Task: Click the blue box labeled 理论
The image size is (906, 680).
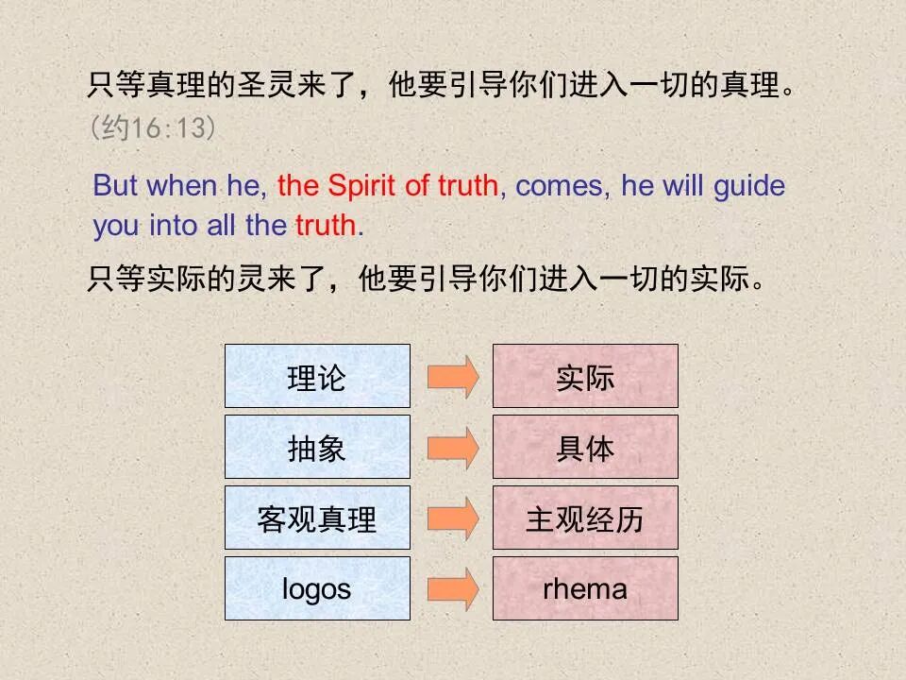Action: (x=317, y=376)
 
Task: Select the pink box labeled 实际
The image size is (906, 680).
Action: (x=585, y=376)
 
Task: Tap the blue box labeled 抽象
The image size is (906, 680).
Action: (x=317, y=447)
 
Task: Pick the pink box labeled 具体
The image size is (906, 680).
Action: (x=585, y=447)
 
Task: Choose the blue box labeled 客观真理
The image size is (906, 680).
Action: (x=317, y=518)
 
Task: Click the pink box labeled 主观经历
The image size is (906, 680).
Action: (x=585, y=518)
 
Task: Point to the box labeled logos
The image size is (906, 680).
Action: (x=317, y=588)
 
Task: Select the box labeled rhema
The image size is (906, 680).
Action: (x=585, y=588)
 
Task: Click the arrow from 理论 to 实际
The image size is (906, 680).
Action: (x=452, y=376)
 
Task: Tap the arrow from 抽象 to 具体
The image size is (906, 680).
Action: (x=452, y=447)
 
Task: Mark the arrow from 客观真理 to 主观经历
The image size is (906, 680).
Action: (x=452, y=518)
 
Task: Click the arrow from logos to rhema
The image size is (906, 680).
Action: (x=452, y=588)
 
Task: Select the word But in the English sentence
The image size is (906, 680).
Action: (x=115, y=185)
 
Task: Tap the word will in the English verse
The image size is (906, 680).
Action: (x=682, y=185)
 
